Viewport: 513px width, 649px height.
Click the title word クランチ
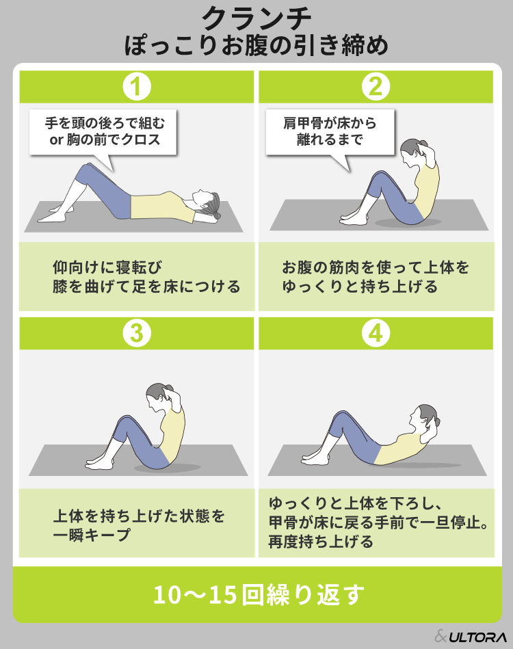(256, 18)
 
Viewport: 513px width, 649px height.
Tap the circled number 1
(137, 86)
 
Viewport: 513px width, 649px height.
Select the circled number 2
(376, 86)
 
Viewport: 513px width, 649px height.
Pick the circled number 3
(137, 333)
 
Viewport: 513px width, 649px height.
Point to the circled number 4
(376, 333)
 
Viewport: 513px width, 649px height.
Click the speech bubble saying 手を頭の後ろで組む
(103, 133)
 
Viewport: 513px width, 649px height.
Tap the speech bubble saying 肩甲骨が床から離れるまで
(330, 133)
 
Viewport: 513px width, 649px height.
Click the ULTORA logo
(471, 636)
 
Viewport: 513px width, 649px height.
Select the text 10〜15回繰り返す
(259, 595)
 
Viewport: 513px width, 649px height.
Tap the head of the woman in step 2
(412, 152)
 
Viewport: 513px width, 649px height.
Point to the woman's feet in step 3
(99, 462)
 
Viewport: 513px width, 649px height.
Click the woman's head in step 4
(424, 417)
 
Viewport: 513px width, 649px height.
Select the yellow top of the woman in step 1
(162, 207)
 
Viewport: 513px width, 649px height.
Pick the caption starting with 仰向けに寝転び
(146, 277)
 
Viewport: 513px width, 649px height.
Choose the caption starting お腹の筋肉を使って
(375, 277)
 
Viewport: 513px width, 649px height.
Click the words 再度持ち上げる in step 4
(321, 542)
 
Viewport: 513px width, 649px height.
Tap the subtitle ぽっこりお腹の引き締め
(256, 46)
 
